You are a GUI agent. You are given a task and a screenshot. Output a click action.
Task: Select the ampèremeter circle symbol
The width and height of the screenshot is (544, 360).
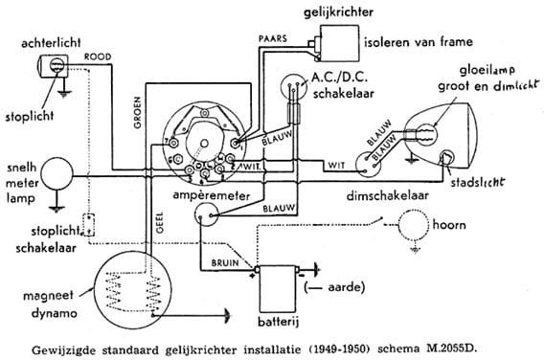pos(206,214)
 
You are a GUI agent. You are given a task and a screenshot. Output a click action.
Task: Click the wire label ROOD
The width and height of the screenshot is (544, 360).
pos(98,56)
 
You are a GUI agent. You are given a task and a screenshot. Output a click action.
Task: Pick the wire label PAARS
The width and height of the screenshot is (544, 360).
pos(273,38)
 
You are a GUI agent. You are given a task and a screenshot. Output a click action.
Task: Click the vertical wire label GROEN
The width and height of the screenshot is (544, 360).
pos(138,112)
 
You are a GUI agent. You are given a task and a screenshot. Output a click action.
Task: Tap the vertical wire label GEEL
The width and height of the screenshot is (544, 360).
pos(160,222)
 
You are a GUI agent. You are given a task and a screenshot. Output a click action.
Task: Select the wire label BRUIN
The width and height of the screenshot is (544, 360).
pos(225,263)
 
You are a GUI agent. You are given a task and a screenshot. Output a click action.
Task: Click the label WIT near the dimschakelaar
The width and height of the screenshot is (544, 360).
pos(336,166)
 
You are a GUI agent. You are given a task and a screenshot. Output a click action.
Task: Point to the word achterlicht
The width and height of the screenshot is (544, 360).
pos(51,43)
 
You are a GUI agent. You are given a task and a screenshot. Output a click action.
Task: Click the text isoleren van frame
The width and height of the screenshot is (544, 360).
pos(419,42)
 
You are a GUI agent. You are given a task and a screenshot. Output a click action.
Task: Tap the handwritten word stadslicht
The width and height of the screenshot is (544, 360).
pos(478,182)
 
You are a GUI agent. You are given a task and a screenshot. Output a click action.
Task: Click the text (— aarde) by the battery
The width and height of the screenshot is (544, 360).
pos(334,287)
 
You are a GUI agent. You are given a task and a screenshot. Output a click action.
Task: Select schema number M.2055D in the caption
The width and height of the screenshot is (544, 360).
pos(452,348)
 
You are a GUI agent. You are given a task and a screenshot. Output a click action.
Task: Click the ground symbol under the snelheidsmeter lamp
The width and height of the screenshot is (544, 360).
pos(57,209)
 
